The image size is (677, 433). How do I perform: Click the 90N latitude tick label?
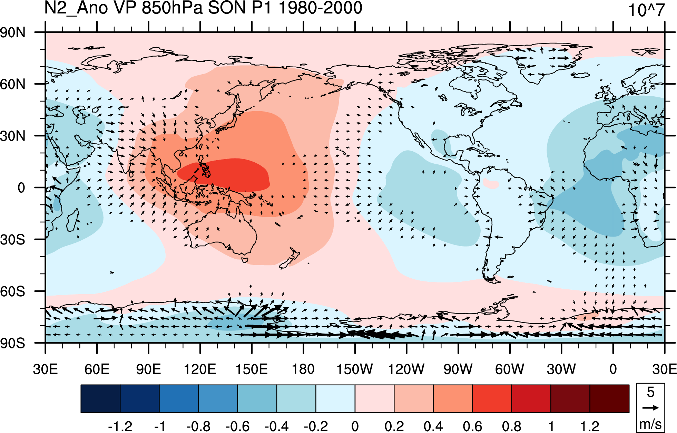(13, 32)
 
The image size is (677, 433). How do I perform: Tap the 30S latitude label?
(13, 240)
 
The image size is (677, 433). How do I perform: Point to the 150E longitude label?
(252, 369)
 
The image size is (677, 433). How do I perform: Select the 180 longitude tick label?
(303, 369)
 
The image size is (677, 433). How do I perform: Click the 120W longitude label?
(406, 369)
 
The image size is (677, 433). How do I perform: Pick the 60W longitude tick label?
(510, 369)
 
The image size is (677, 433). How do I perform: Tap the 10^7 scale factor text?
(646, 10)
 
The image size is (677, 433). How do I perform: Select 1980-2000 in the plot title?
(321, 8)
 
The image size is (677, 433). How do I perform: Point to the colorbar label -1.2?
(120, 426)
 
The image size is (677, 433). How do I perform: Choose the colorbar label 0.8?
(511, 426)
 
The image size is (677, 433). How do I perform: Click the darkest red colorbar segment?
(609, 398)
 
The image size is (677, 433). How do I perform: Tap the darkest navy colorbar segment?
(100, 398)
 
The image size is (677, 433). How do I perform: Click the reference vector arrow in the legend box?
(650, 408)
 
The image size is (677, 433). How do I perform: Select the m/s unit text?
(650, 424)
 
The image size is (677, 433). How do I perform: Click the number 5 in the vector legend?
(650, 392)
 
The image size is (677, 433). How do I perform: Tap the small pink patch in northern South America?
(491, 183)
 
